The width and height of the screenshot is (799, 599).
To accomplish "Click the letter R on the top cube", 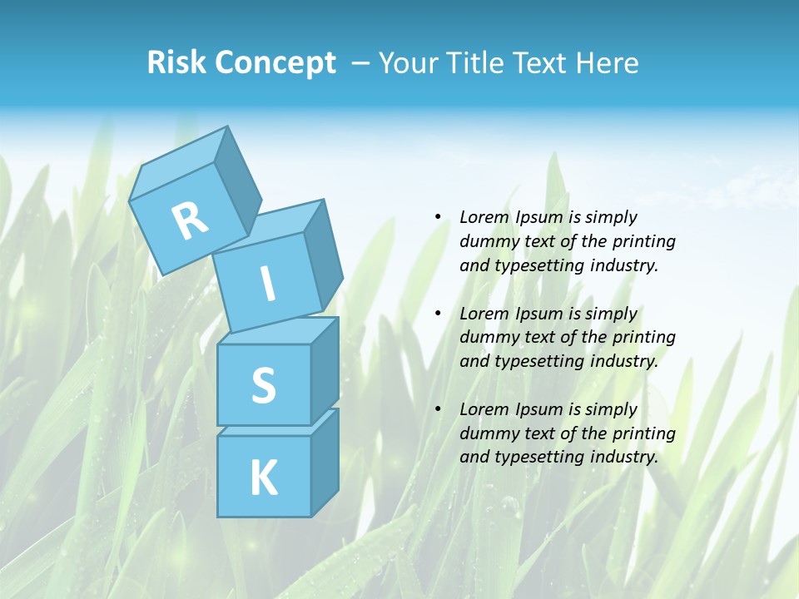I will [x=190, y=221].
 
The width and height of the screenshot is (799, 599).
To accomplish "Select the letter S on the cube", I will [x=263, y=386].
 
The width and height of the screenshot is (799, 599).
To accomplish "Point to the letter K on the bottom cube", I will [x=263, y=478].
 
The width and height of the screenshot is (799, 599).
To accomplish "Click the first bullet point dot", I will [x=438, y=217].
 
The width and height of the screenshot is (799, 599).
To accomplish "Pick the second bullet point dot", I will [x=438, y=314].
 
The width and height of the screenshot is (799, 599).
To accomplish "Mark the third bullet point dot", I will [x=438, y=409].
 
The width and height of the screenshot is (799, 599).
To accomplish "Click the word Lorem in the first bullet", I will [x=484, y=217].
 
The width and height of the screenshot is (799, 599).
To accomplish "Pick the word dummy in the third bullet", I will [x=488, y=433].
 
